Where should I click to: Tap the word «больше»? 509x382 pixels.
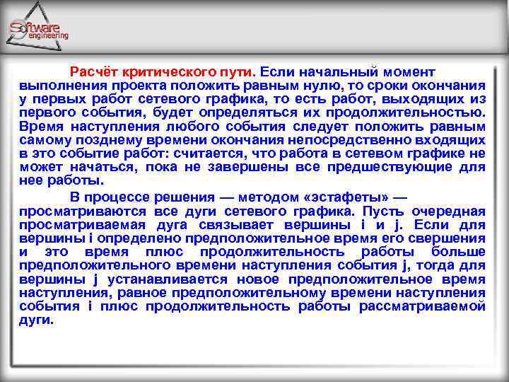[461, 252]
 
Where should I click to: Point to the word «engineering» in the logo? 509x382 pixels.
[49, 35]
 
